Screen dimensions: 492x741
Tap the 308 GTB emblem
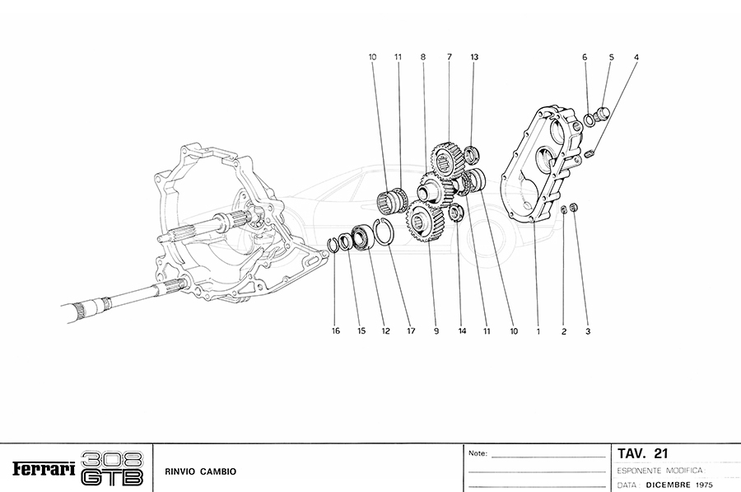pyautogui.click(x=113, y=468)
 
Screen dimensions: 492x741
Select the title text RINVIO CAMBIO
pyautogui.click(x=201, y=471)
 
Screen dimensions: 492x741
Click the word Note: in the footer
pyautogui.click(x=478, y=453)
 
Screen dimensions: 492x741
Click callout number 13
pyautogui.click(x=474, y=57)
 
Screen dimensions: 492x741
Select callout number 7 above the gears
pyautogui.click(x=450, y=57)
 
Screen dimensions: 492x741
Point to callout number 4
pyautogui.click(x=636, y=57)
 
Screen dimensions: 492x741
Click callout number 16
pyautogui.click(x=336, y=331)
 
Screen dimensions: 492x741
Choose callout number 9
pyautogui.click(x=436, y=331)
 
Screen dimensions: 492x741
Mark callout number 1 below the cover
pyautogui.click(x=537, y=331)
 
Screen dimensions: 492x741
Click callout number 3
pyautogui.click(x=588, y=331)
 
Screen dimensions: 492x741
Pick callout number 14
pyautogui.click(x=463, y=331)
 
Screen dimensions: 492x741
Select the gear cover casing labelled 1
pyautogui.click(x=539, y=165)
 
